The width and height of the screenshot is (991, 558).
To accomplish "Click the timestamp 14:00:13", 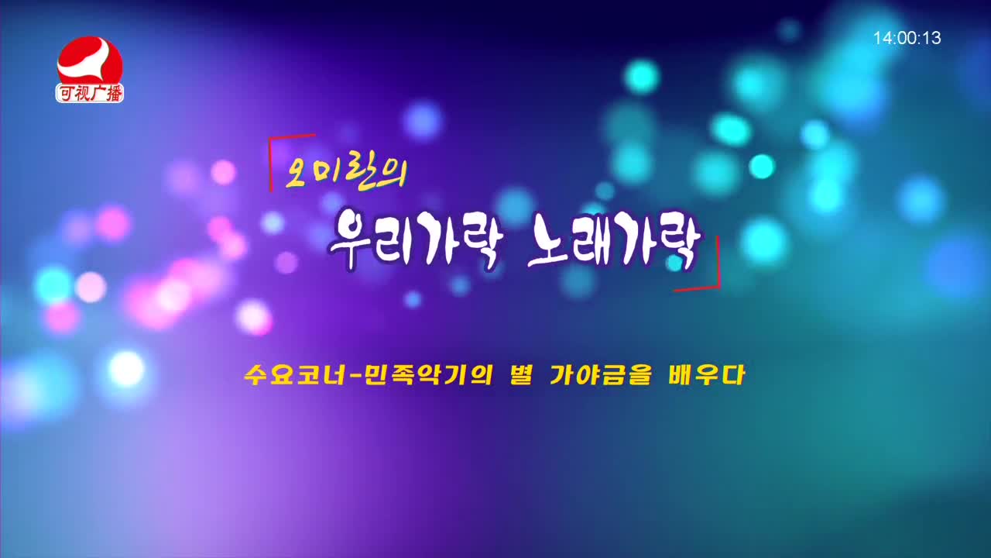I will [907, 38].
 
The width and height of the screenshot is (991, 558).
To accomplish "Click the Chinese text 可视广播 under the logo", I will [90, 93].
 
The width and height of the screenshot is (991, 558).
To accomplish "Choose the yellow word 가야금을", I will [597, 377].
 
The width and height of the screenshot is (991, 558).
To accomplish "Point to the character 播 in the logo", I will [113, 93].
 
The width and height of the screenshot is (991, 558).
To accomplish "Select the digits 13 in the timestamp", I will [931, 38].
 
